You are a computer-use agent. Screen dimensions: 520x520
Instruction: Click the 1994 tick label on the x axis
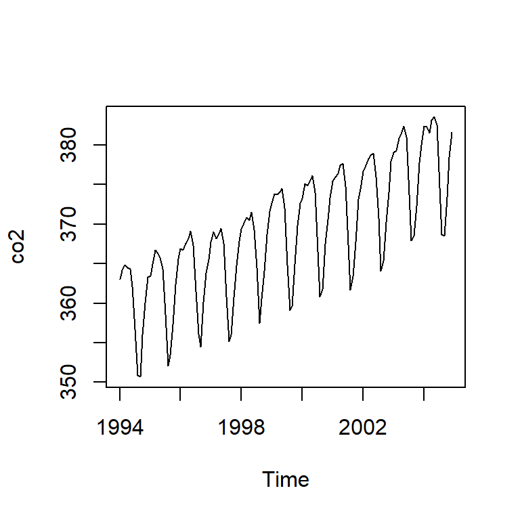[x=120, y=428]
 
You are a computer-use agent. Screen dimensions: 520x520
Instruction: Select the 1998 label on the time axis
[x=242, y=428]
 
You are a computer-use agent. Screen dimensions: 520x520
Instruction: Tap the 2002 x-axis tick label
[x=364, y=428]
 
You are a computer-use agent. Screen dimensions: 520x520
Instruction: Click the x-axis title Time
[x=285, y=479]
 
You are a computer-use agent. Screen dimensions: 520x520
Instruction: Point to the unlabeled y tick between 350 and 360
[x=102, y=343]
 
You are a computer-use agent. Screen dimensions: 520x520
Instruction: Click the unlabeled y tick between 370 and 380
[x=102, y=184]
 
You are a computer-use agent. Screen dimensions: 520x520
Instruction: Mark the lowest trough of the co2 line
[x=139, y=376]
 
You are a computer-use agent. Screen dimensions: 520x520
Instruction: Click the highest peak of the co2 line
[x=434, y=117]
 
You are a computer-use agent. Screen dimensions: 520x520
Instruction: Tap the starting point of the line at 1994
[x=120, y=279]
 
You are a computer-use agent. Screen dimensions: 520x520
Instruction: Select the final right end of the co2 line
[x=452, y=133]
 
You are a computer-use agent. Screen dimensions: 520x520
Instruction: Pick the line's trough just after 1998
[x=259, y=323]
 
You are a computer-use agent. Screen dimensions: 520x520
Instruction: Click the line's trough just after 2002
[x=381, y=271]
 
